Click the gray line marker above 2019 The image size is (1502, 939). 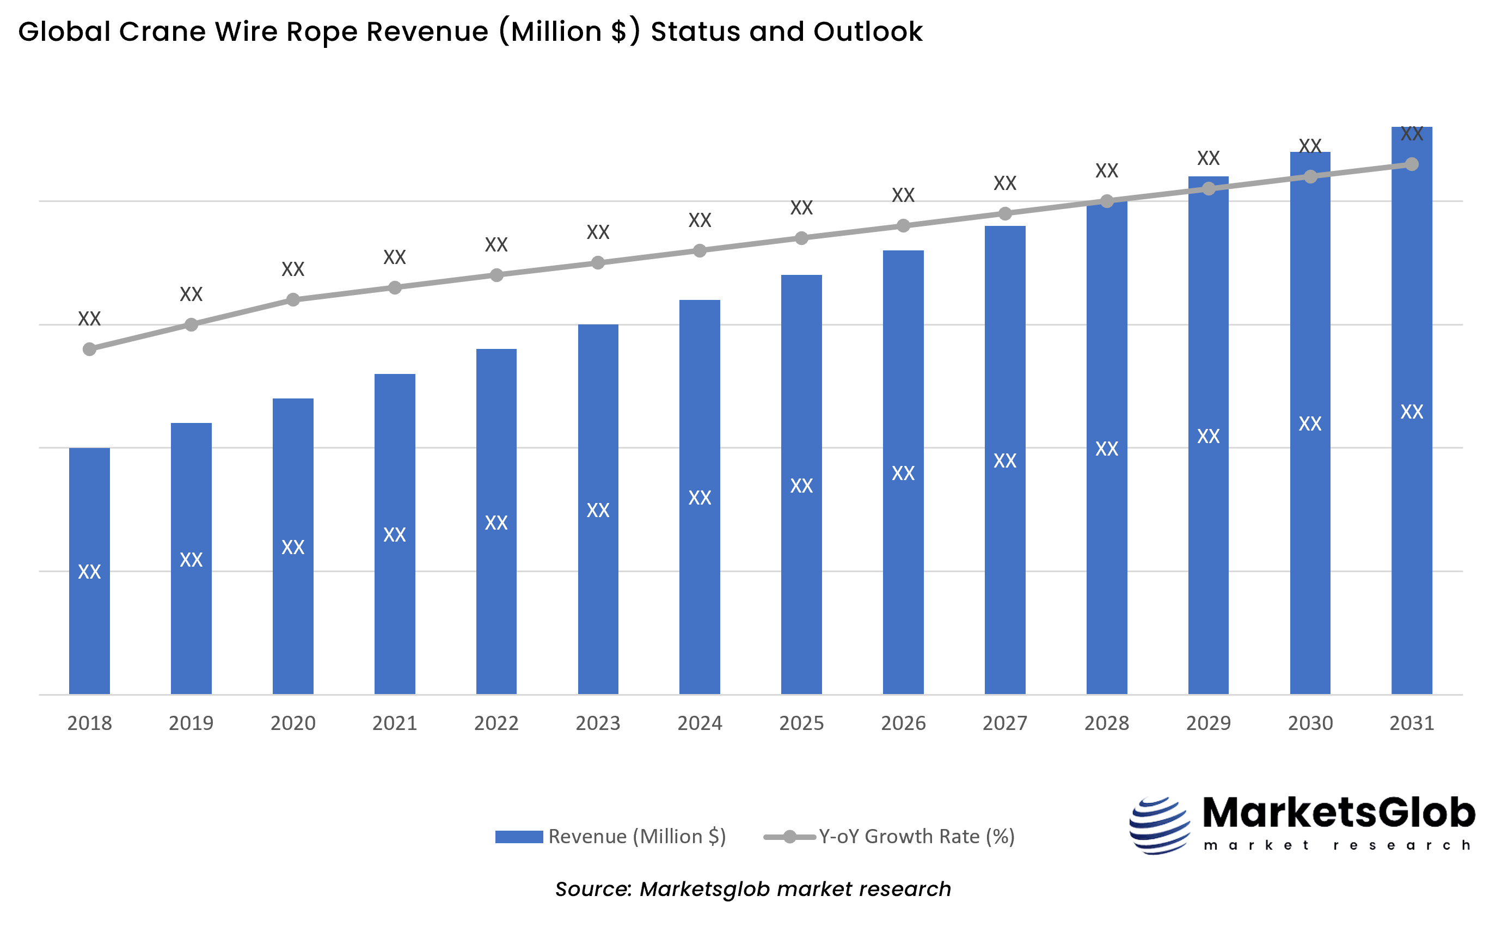[191, 324]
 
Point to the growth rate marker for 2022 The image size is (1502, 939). [496, 275]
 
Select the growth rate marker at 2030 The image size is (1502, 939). [1310, 177]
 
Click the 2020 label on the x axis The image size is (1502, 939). [293, 723]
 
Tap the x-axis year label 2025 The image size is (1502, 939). [801, 723]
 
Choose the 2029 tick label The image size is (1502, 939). [1209, 723]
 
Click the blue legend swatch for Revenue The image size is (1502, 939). [519, 837]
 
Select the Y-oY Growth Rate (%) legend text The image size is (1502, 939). [916, 837]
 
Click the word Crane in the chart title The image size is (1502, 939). [162, 32]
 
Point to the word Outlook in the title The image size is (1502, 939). [868, 32]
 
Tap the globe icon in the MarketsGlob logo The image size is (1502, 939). [1159, 825]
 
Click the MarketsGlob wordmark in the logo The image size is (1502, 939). [1339, 813]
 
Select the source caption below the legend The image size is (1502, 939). [753, 889]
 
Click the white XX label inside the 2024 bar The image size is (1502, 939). [700, 498]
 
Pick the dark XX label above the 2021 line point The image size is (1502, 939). [394, 257]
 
